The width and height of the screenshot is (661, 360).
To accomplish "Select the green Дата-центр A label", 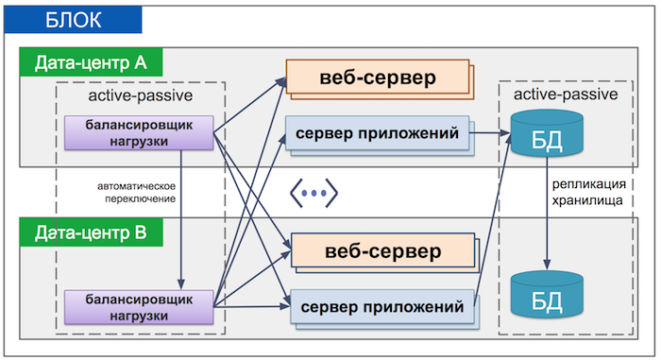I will click(91, 63).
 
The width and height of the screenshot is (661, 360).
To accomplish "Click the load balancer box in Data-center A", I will click(140, 133).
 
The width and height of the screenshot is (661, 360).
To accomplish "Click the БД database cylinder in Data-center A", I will click(547, 138).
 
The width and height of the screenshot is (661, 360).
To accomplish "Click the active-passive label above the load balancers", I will click(140, 96).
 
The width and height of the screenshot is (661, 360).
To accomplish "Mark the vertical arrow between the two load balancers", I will click(180, 217).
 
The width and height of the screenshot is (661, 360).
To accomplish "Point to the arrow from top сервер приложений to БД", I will click(487, 135).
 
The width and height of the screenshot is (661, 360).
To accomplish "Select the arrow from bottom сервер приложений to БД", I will click(492, 236).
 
